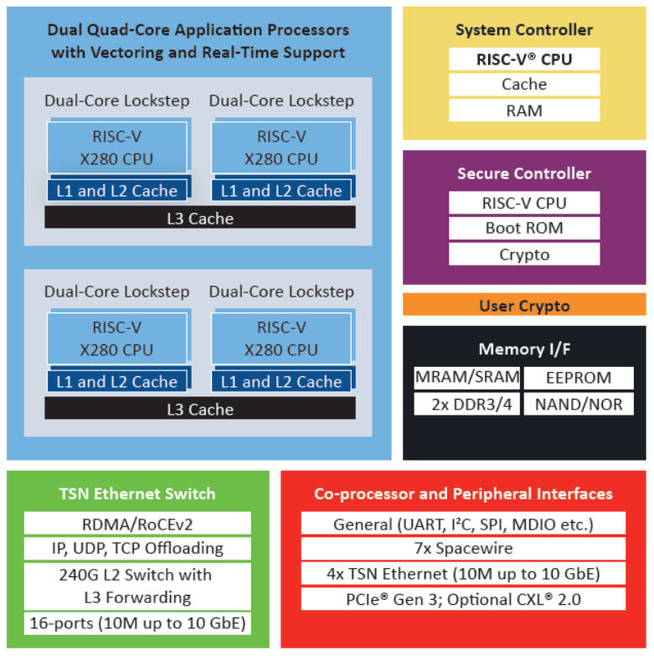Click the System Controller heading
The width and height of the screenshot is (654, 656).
point(524,30)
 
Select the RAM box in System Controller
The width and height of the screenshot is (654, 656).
point(524,111)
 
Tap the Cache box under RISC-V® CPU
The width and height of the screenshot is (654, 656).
point(524,85)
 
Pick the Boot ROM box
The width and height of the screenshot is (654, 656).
point(524,228)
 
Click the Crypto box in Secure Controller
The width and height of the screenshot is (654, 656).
point(524,255)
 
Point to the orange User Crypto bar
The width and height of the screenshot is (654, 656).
point(524,305)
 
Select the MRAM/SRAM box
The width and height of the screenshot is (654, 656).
point(466,378)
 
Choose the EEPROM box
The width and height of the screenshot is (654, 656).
point(579,378)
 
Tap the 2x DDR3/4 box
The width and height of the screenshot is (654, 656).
point(466,404)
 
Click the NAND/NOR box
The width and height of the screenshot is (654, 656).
point(579,404)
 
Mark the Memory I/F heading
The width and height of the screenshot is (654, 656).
point(524,349)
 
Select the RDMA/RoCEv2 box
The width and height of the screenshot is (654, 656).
point(137,524)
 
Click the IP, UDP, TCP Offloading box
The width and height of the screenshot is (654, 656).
point(137,549)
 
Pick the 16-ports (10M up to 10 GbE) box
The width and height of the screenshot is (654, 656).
point(137,623)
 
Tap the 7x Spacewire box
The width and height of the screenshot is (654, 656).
point(463,549)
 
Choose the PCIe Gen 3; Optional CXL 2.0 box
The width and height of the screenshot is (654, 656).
point(463,599)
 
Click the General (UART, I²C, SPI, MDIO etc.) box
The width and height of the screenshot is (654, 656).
point(463,524)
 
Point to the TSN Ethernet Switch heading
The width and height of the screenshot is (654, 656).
point(137,494)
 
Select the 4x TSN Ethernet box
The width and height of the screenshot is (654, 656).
point(463,574)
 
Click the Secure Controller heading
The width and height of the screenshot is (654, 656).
point(524,173)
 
